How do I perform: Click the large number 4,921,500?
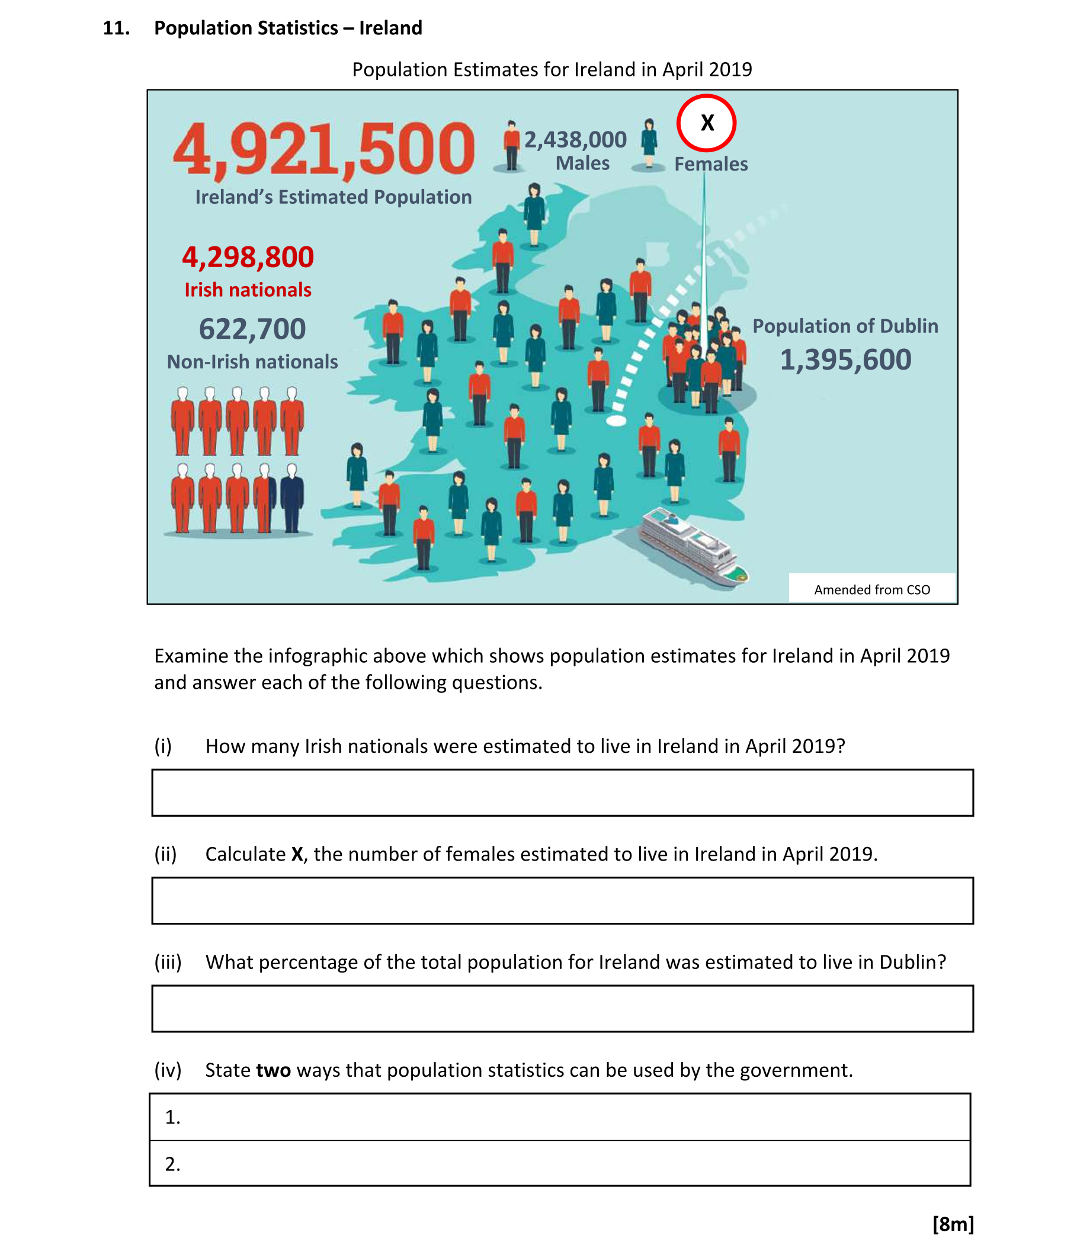click(324, 149)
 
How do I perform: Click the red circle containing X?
click(706, 123)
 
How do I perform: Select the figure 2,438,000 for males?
click(575, 140)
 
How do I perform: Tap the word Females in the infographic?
click(710, 164)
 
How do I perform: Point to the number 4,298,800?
click(248, 257)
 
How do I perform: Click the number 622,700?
click(252, 329)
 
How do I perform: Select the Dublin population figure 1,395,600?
click(845, 360)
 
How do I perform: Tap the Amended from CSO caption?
click(871, 589)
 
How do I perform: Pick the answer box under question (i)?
click(562, 792)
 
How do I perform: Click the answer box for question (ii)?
click(562, 901)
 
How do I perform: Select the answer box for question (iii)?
click(562, 1009)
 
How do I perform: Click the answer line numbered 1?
click(560, 1117)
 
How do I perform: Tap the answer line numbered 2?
click(560, 1164)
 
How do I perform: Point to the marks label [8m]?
click(953, 1224)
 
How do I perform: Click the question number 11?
click(116, 28)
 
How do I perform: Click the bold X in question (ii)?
click(297, 855)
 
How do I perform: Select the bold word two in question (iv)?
click(274, 1071)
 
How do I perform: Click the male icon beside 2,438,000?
click(511, 146)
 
